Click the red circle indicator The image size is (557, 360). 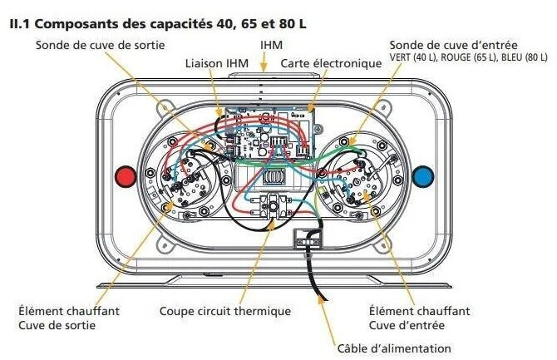[x=126, y=175]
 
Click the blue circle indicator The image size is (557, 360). [x=423, y=175]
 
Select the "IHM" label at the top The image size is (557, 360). [x=269, y=42]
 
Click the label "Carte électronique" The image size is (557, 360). [x=319, y=63]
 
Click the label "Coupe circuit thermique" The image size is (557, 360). [x=225, y=311]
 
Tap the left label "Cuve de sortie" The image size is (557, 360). [x=57, y=324]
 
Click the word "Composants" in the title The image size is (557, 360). [x=77, y=24]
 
